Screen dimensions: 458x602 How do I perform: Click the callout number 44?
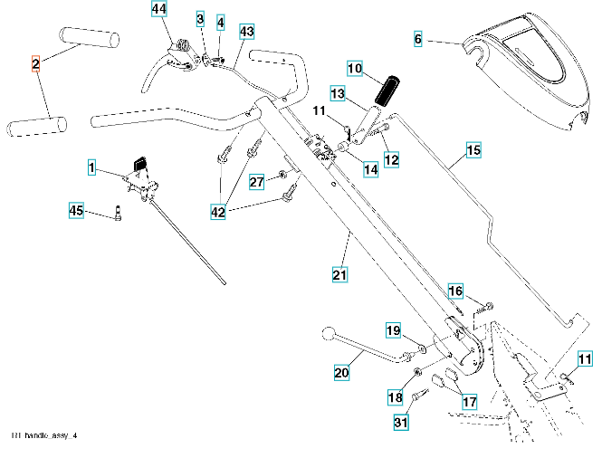(159, 9)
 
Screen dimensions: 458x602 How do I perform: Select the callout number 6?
(418, 39)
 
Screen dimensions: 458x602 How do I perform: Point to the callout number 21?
(339, 272)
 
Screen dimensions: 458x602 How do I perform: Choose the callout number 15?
(473, 149)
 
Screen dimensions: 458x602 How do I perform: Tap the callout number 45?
(77, 212)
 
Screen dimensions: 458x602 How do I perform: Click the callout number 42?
(219, 212)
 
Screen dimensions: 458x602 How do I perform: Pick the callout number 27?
(257, 182)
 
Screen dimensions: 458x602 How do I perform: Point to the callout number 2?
(35, 63)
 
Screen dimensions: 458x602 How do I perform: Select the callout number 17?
(470, 402)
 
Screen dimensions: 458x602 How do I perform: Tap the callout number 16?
(455, 291)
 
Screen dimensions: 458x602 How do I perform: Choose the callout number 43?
(246, 31)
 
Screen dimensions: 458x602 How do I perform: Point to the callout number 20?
(340, 371)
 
